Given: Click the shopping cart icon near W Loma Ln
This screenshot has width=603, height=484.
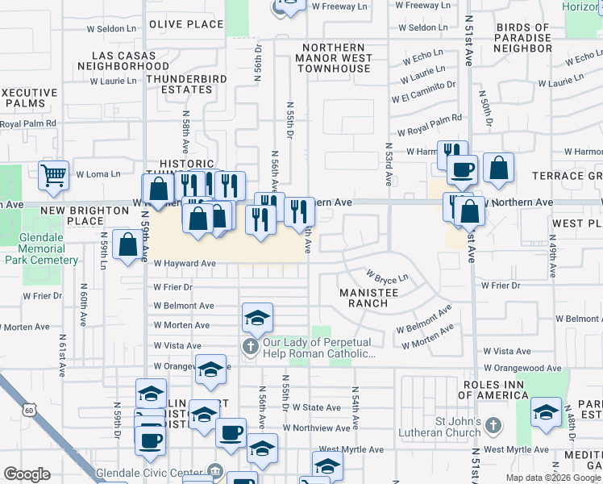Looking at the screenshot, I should [x=53, y=173].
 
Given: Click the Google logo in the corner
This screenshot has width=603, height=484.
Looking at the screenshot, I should [x=27, y=474].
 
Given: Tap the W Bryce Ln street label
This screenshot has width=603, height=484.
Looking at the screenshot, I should [x=389, y=277].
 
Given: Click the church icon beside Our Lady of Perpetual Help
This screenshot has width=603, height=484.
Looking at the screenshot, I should [x=251, y=348].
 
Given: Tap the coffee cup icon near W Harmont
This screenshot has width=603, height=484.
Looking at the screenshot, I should [x=463, y=169].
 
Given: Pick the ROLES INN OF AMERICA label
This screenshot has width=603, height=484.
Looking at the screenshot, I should [x=493, y=389].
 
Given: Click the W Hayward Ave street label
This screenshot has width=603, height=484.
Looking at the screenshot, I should [x=185, y=263].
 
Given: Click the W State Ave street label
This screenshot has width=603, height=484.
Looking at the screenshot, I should [x=317, y=408].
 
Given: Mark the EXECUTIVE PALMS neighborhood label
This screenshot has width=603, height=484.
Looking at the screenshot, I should [x=29, y=98].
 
